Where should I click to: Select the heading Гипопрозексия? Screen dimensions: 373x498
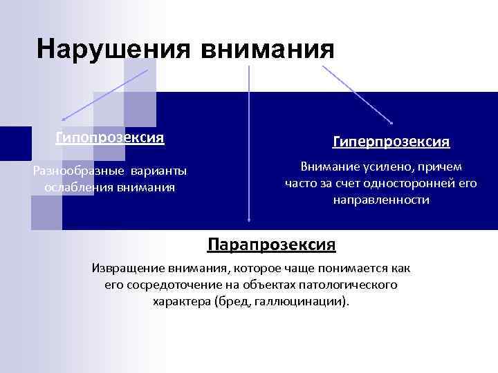coord(110,137)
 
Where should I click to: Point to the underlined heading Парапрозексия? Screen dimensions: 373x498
coord(272,245)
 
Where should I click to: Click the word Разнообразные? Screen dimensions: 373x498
coord(75,171)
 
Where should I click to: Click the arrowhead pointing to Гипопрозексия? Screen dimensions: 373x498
coord(62,120)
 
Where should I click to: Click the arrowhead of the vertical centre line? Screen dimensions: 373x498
coord(248,220)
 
